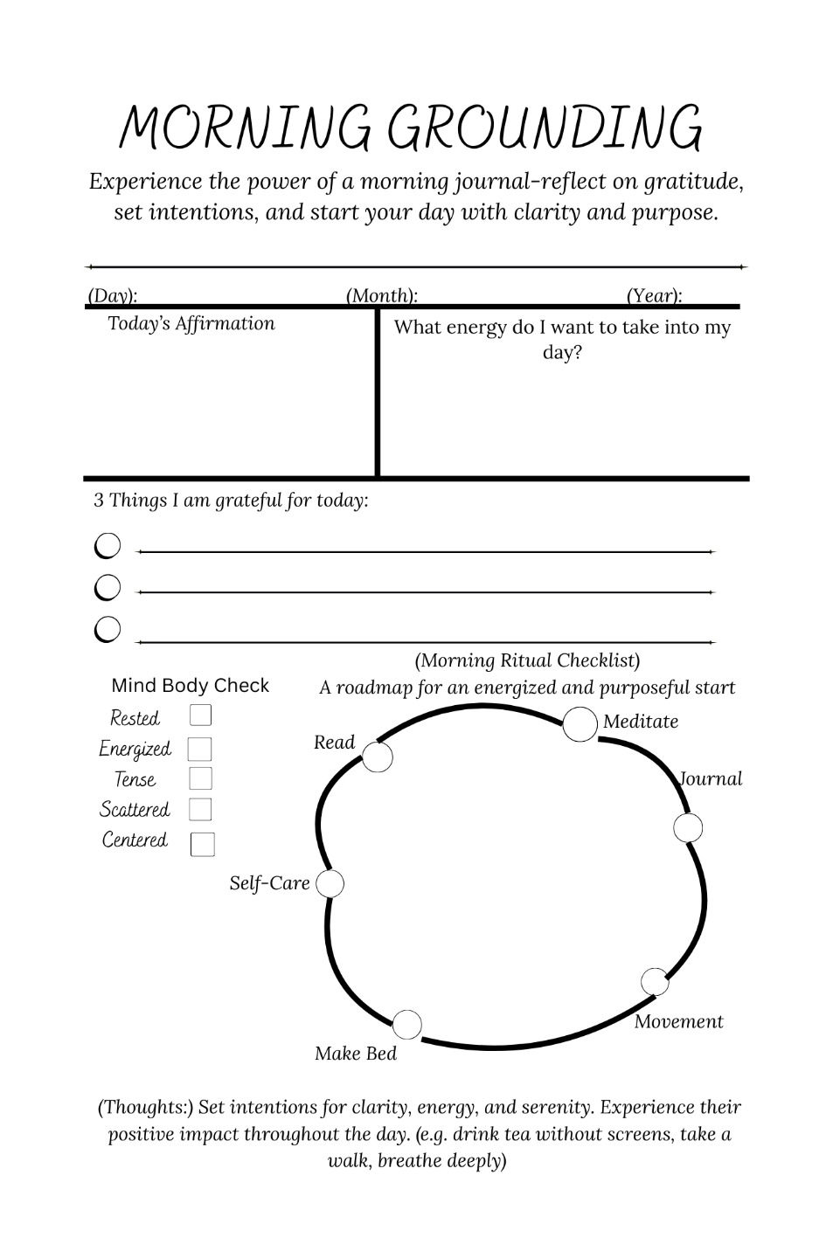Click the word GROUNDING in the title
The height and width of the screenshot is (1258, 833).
(x=544, y=128)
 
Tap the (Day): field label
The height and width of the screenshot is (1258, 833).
(x=113, y=295)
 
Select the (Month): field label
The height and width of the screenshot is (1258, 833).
(x=382, y=295)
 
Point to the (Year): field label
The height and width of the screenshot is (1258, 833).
(x=655, y=295)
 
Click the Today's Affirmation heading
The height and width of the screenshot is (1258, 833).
(x=191, y=323)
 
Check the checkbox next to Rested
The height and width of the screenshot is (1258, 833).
(x=200, y=715)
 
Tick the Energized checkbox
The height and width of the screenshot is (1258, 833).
(x=200, y=749)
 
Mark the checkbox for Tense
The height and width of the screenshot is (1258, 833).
(x=200, y=778)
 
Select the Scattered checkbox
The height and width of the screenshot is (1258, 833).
(x=200, y=809)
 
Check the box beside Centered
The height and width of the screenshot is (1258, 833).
(x=202, y=844)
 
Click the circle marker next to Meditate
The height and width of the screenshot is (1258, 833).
(x=580, y=725)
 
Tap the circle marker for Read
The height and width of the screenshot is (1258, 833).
(x=377, y=757)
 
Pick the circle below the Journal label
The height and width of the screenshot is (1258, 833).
(x=688, y=827)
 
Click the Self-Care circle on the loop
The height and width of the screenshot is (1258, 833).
(x=330, y=884)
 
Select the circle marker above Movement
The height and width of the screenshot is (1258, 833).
(x=655, y=982)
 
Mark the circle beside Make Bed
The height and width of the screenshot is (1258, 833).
(x=406, y=1025)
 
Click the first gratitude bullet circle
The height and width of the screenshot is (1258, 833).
(x=108, y=547)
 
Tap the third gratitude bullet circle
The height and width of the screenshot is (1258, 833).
(x=108, y=629)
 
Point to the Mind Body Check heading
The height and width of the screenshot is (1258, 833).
(x=191, y=686)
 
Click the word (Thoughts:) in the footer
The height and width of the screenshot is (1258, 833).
(x=145, y=1107)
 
